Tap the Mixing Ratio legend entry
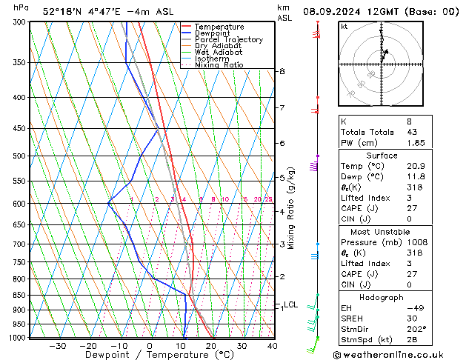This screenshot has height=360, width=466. point(219,65)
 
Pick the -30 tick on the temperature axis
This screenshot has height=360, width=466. point(57,345)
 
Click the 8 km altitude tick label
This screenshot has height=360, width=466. point(282,71)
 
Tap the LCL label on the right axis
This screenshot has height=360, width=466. point(290,304)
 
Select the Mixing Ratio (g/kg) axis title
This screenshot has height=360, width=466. point(292,208)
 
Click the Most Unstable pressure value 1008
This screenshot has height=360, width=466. point(396,242)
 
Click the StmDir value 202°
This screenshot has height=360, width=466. point(395,330)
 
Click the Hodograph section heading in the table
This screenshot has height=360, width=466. point(382,297)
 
